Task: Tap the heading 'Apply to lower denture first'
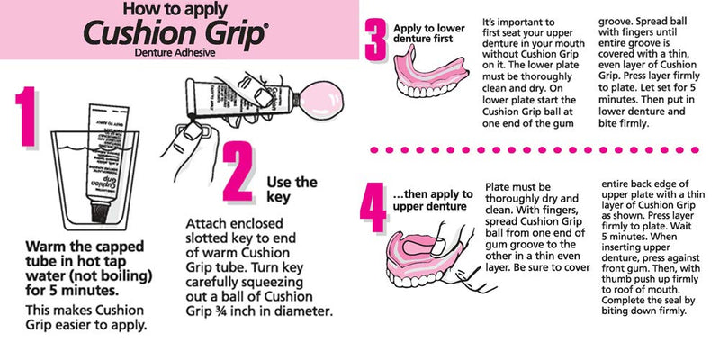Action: [x=429, y=34]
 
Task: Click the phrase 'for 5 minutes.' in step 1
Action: [x=72, y=291]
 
